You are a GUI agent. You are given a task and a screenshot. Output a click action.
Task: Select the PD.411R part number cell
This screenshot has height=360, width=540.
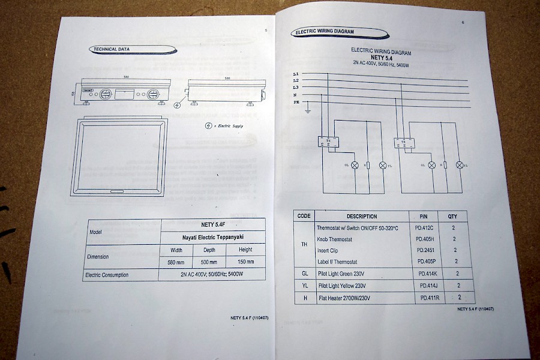click(x=430, y=298)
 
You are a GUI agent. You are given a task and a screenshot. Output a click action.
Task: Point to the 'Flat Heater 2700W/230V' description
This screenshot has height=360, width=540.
click(x=344, y=298)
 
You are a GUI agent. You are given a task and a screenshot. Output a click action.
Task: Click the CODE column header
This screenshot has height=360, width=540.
click(x=304, y=216)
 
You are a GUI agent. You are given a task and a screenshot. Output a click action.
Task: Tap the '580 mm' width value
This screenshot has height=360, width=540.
click(x=176, y=262)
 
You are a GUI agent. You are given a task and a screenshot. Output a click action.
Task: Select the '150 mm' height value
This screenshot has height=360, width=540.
click(x=245, y=262)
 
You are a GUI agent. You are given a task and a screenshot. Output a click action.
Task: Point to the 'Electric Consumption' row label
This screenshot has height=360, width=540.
click(x=108, y=275)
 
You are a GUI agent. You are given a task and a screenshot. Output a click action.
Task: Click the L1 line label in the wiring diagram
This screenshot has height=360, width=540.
click(x=296, y=73)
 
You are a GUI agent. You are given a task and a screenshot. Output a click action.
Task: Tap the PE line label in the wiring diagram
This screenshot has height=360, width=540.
click(x=296, y=103)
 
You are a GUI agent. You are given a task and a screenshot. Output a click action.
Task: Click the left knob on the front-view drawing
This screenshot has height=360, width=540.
click(x=106, y=94)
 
